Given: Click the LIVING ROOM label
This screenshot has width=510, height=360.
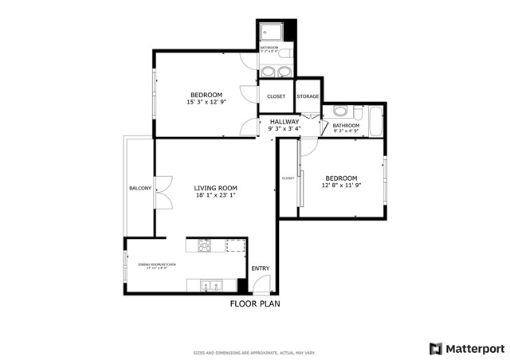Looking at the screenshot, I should pyautogui.click(x=216, y=188).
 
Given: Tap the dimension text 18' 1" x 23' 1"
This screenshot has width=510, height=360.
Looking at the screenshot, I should pyautogui.click(x=216, y=195).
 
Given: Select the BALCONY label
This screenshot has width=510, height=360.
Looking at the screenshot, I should pyautogui.click(x=140, y=188).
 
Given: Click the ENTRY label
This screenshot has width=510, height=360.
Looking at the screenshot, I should pyautogui.click(x=261, y=268).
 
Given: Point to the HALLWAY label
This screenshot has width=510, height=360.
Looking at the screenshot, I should pyautogui.click(x=284, y=121).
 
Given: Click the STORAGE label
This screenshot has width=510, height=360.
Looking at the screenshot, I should pyautogui.click(x=308, y=96).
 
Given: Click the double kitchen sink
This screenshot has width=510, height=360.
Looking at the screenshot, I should pyautogui.click(x=211, y=284).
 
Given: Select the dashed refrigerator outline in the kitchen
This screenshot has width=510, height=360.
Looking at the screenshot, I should pyautogui.click(x=235, y=245).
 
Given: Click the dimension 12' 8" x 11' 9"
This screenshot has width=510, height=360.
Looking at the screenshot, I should pyautogui.click(x=340, y=185).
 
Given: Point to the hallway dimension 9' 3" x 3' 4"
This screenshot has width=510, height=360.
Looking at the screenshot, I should pyautogui.click(x=284, y=128).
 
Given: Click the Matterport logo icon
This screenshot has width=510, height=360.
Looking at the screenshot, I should pyautogui.click(x=435, y=348).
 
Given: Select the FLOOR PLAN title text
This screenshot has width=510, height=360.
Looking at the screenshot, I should pyautogui.click(x=255, y=303).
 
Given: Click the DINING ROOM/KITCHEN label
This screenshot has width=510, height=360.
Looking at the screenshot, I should pyautogui.click(x=156, y=264).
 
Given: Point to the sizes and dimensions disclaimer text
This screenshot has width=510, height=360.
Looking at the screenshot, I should pyautogui.click(x=255, y=352).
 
